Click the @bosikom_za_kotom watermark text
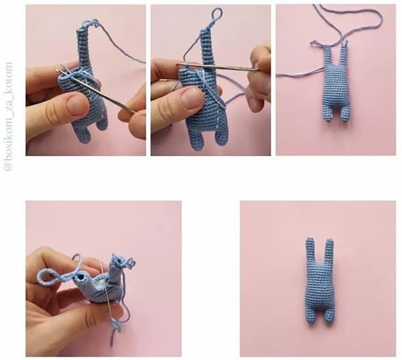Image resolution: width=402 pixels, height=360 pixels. click(x=9, y=116)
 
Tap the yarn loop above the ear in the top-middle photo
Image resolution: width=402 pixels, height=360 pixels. click(x=216, y=14)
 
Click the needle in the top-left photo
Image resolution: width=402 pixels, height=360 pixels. click(x=95, y=91)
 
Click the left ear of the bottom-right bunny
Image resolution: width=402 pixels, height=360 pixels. click(x=310, y=251)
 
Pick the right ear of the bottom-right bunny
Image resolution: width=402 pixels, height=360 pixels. click(x=329, y=251)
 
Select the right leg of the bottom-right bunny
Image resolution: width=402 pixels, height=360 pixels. click(x=328, y=318)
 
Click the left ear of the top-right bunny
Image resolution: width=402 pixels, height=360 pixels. click(x=327, y=56)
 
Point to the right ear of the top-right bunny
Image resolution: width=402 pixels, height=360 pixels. click(x=344, y=55)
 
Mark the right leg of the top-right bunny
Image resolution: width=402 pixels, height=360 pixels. click(x=344, y=115)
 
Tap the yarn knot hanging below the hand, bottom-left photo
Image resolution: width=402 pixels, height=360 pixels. click(x=117, y=326)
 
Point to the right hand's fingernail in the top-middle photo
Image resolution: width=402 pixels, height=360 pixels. click(x=253, y=103)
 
